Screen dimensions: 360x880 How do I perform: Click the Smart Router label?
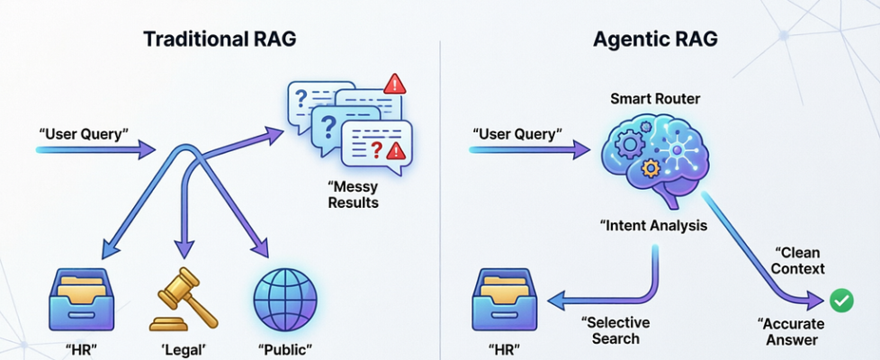(654, 97)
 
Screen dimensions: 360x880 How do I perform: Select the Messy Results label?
(354, 194)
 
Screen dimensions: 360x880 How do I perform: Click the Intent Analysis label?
(654, 225)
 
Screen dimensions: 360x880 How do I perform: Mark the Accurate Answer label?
(788, 330)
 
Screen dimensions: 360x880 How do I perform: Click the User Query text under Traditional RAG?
(84, 134)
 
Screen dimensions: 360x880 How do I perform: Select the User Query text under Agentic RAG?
(517, 134)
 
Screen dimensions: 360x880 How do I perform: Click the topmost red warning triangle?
(394, 85)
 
